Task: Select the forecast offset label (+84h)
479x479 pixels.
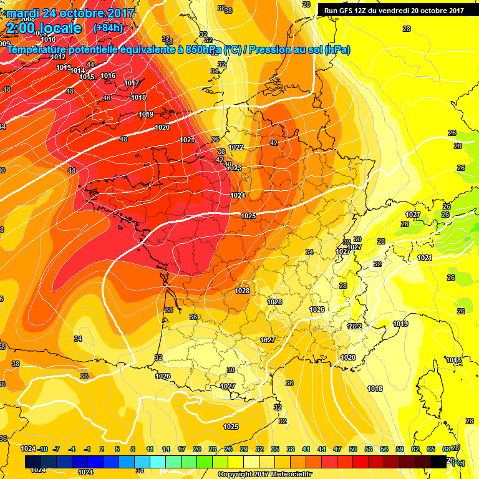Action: pyautogui.click(x=107, y=28)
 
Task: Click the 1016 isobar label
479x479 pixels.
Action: pyautogui.click(x=108, y=75)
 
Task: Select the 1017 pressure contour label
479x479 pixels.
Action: pyautogui.click(x=132, y=83)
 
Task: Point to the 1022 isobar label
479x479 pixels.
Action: pyautogui.click(x=236, y=147)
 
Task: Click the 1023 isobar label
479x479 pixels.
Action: pyautogui.click(x=234, y=168)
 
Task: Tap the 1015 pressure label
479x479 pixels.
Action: pyautogui.click(x=87, y=77)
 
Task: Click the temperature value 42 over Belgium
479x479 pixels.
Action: pyautogui.click(x=273, y=143)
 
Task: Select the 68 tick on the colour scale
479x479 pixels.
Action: pyautogui.click(x=447, y=448)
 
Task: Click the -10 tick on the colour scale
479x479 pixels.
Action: pyautogui.click(x=42, y=448)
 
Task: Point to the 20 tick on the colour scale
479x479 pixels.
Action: pyautogui.click(x=197, y=448)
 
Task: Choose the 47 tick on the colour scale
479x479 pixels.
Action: pyautogui.click(x=337, y=448)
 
